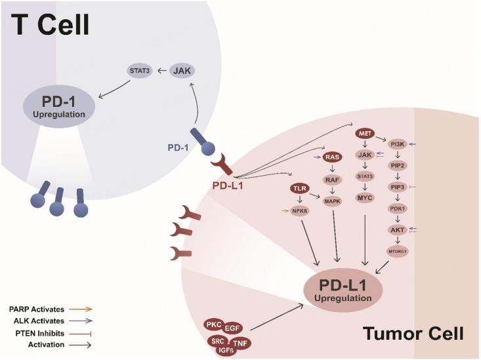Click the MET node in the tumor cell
click(365, 134)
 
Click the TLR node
click(299, 189)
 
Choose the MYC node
click(365, 197)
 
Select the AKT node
click(397, 230)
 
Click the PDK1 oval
click(397, 209)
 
